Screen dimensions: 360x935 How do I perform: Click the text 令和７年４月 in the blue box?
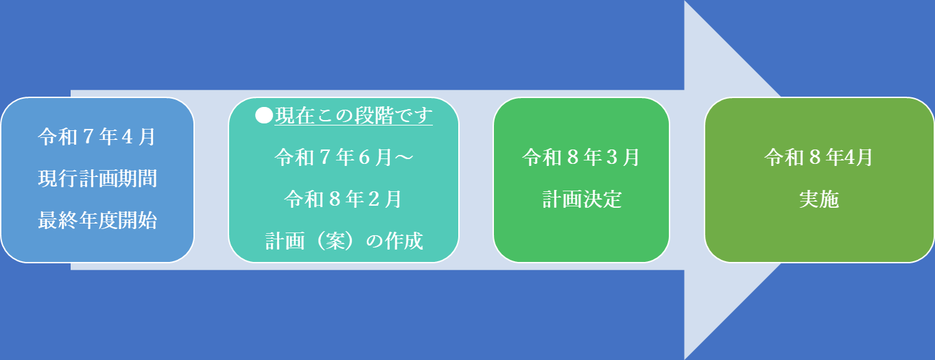[97, 137]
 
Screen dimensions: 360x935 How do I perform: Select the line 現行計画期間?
[97, 179]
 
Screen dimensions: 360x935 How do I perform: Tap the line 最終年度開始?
[97, 221]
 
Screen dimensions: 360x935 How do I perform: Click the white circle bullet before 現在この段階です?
[264, 115]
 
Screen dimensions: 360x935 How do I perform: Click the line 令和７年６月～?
[344, 158]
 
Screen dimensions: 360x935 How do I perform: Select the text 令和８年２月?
[344, 200]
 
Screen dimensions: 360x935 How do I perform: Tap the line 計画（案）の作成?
[344, 241]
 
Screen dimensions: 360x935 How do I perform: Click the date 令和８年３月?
[581, 158]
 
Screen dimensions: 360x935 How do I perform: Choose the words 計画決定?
[581, 200]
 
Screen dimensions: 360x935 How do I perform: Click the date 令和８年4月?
[819, 158]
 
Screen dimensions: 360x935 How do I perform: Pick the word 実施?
[819, 200]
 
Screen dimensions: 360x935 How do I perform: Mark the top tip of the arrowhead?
[685, 2]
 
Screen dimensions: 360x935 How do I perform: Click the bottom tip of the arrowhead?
[685, 357]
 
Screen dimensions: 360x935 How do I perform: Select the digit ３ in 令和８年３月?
[613, 158]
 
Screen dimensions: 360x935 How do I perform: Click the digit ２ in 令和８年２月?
[375, 200]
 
